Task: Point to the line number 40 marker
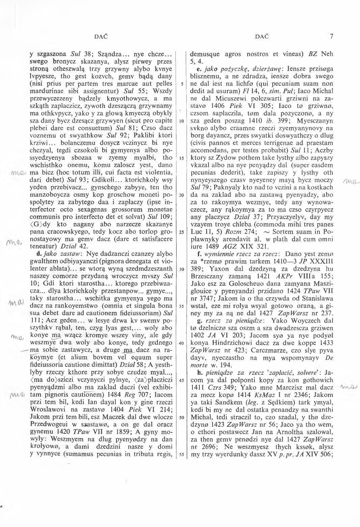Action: click(x=181, y=343)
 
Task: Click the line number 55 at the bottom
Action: click(x=181, y=454)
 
